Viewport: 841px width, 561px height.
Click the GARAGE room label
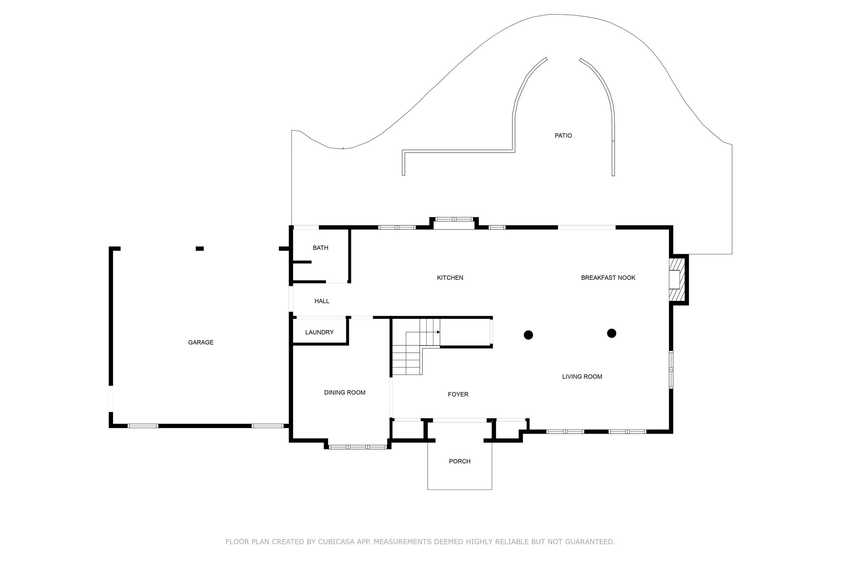click(201, 342)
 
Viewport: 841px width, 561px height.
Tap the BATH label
click(320, 248)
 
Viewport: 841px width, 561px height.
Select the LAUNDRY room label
click(319, 332)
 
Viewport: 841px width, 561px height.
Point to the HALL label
click(322, 301)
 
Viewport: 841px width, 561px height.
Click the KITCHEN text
click(450, 278)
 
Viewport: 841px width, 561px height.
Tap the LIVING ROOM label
click(582, 376)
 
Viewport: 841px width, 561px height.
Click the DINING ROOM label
click(345, 392)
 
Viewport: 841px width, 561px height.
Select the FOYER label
click(458, 394)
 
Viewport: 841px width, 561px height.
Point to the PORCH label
click(459, 461)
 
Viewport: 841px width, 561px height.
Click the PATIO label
click(563, 135)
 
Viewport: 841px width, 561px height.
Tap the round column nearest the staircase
click(528, 335)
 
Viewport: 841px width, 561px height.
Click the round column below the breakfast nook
click(611, 333)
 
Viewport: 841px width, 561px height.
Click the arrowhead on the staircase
click(438, 332)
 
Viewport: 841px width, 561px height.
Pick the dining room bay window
click(358, 447)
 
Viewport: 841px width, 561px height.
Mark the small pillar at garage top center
click(200, 249)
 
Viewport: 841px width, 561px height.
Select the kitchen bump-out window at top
click(454, 219)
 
